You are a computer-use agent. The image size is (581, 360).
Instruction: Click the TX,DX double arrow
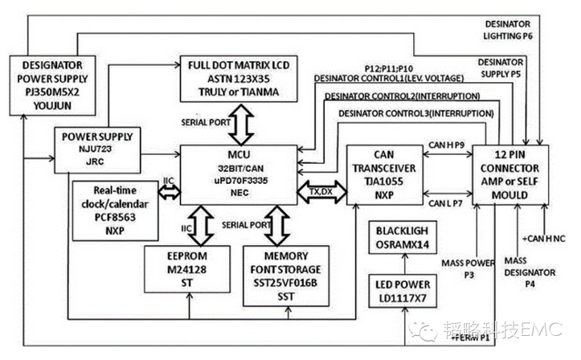[x=326, y=191]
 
